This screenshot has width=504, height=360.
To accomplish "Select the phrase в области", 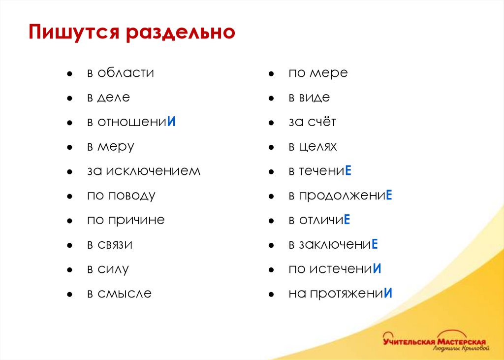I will [x=121, y=73].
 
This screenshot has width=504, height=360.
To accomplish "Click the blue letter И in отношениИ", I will [x=172, y=122].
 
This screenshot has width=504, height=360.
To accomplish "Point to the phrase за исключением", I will [x=144, y=171].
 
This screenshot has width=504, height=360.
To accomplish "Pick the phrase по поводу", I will [x=121, y=196].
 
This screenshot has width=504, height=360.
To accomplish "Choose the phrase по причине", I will [x=126, y=220].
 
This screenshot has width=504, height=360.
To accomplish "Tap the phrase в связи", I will [x=110, y=245].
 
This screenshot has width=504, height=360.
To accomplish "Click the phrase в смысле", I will [x=119, y=294].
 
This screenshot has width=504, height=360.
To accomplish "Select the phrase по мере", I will [x=318, y=73].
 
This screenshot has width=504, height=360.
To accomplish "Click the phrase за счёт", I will [x=312, y=122].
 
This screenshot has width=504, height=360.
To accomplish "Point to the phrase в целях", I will [x=313, y=147].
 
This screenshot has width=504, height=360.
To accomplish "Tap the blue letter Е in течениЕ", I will [x=347, y=171].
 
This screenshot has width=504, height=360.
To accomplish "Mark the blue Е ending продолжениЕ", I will [x=388, y=196].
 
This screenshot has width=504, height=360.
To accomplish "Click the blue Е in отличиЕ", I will [x=346, y=220].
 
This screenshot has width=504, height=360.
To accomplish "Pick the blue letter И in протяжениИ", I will [x=388, y=294].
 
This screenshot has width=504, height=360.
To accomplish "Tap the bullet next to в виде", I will [x=271, y=98].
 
